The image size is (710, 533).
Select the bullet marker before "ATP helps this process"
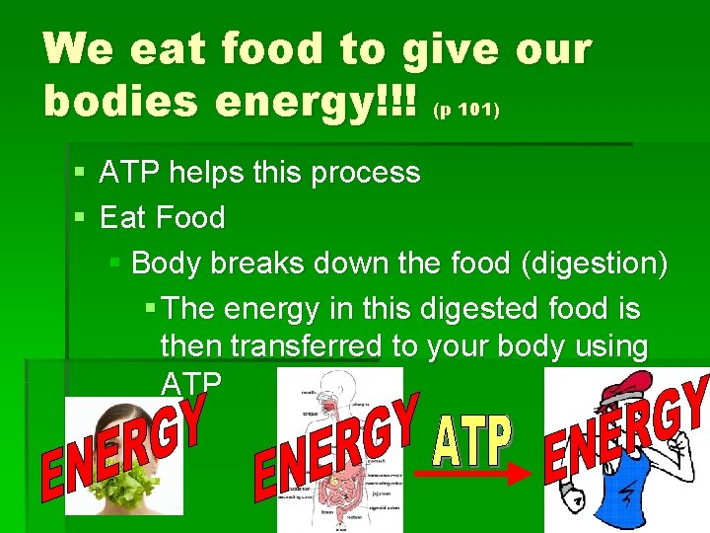point(80,173)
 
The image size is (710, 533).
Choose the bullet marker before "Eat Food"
point(80,217)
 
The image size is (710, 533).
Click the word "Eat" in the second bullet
point(120,217)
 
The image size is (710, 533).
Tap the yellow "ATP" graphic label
point(472,441)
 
